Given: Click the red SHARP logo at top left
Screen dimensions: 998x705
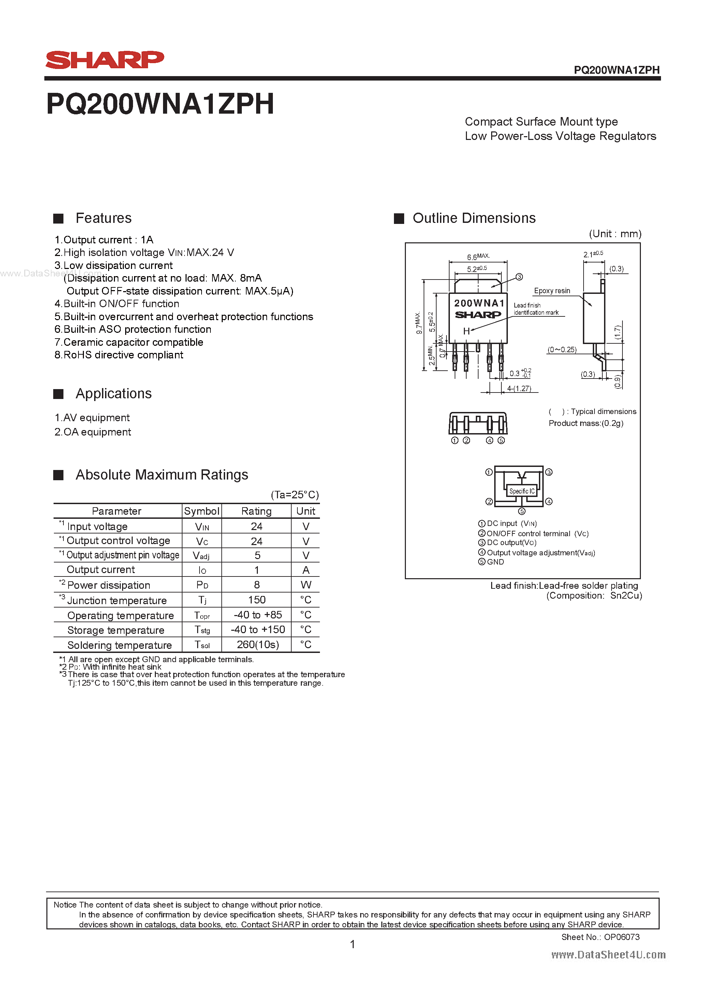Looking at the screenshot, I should [105, 60].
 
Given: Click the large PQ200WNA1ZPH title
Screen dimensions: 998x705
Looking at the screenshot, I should [160, 104].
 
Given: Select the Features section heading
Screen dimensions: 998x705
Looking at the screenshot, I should [103, 218].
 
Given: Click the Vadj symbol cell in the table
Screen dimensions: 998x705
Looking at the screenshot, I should [202, 556].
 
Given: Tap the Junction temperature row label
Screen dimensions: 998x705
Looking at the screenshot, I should [117, 601].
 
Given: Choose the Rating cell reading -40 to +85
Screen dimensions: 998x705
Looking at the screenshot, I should [258, 615].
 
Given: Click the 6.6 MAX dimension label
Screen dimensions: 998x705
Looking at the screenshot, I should [478, 257].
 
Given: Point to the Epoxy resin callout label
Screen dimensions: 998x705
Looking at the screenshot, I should [552, 291].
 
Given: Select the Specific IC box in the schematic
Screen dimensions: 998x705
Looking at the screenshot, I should [522, 491].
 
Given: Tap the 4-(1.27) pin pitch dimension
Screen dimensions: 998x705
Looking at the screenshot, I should [519, 389].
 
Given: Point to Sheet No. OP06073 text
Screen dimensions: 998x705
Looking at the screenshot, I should [600, 937].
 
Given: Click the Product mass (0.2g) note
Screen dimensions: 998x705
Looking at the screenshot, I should [586, 423].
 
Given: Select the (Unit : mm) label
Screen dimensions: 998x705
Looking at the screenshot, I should [615, 234].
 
